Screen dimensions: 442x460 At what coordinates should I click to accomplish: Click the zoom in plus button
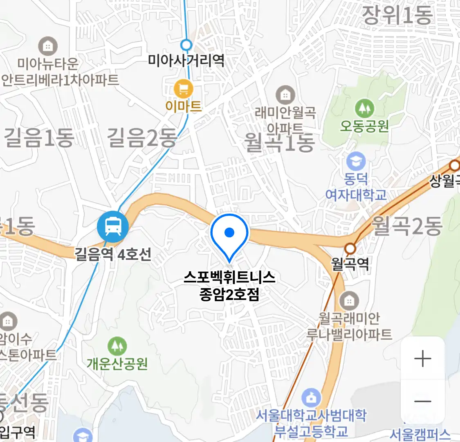(x=422, y=359)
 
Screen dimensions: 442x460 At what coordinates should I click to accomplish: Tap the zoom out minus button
(x=422, y=401)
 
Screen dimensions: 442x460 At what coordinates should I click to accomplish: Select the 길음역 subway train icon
(x=113, y=226)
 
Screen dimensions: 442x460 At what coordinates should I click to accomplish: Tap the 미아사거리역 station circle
(x=186, y=45)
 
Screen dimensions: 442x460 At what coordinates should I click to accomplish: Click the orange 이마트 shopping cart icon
(x=184, y=88)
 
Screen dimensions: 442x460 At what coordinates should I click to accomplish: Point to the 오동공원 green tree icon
(x=364, y=108)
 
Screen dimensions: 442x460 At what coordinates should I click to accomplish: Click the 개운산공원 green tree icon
(x=117, y=346)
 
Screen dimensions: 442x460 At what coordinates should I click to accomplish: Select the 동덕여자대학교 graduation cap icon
(x=356, y=162)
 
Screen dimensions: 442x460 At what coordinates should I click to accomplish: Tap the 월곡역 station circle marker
(x=350, y=248)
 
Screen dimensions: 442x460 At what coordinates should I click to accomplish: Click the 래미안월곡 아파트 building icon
(x=285, y=95)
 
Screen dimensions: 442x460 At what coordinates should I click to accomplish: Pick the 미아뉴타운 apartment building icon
(x=48, y=46)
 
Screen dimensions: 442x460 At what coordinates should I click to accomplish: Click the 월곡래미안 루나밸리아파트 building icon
(x=349, y=301)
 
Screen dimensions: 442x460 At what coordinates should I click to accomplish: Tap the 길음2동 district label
(x=141, y=138)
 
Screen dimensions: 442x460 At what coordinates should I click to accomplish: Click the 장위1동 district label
(x=397, y=16)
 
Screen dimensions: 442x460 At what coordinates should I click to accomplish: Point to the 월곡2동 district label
(x=407, y=226)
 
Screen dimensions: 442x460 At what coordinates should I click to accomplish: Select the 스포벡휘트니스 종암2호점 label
(x=229, y=286)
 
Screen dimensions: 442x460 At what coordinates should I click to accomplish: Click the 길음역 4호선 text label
(x=113, y=254)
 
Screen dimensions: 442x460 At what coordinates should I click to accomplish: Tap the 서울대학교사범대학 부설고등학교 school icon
(x=311, y=398)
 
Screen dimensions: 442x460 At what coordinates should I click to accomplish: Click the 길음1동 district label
(x=39, y=138)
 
